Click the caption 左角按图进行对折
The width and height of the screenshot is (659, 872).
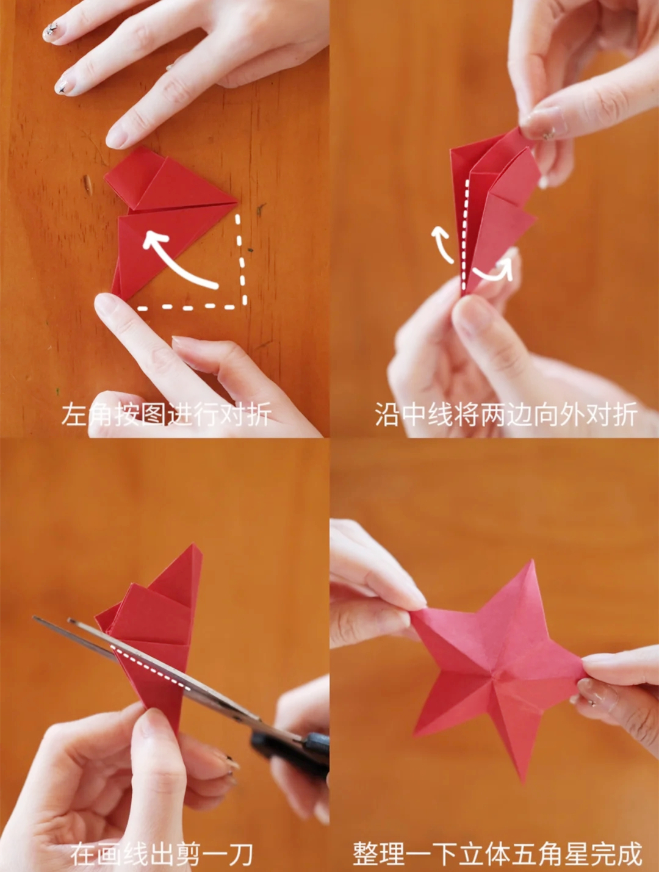pos(167,415)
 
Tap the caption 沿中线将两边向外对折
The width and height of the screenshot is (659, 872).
pos(506,415)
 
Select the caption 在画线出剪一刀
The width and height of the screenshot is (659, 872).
pos(162,853)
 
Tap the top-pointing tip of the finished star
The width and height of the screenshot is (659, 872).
pos(531,561)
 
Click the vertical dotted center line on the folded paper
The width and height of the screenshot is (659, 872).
pos(465,234)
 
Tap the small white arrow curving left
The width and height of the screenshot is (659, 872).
pos(442,243)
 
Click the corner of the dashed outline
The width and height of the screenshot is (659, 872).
pos(243,306)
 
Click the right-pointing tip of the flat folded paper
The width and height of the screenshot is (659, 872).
pos(237,203)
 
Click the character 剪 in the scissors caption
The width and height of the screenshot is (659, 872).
pos(190,853)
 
